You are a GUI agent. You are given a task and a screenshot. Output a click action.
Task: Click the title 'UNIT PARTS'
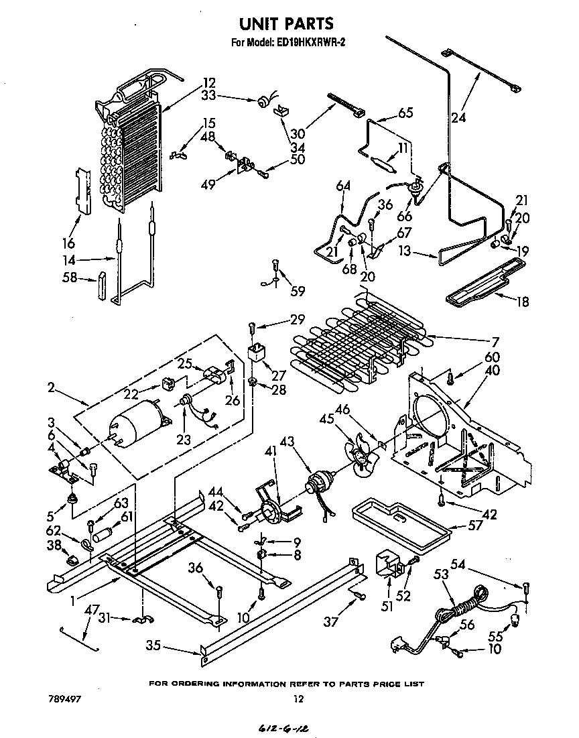[286, 24]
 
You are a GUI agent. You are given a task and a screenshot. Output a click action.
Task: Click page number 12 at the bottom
[299, 699]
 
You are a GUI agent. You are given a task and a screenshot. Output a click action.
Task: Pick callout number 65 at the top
[405, 113]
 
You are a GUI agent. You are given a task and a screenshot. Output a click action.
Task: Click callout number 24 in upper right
[458, 119]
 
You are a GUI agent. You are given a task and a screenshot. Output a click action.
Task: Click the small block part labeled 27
[257, 353]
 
